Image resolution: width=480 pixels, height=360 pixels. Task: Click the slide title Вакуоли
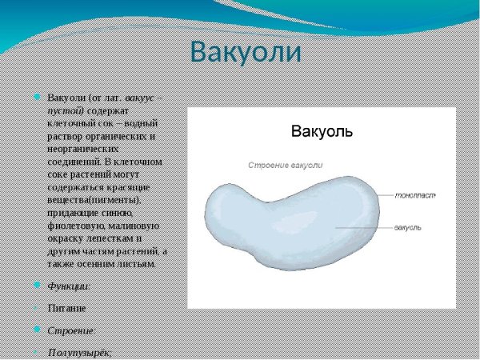point(246,52)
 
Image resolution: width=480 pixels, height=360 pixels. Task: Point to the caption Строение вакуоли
point(285,165)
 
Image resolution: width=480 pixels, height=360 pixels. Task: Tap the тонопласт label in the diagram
point(415,194)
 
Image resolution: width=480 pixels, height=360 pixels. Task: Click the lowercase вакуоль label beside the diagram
point(408,228)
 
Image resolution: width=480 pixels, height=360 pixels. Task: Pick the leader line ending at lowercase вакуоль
point(364,228)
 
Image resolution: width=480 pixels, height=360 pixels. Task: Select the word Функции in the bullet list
point(68,286)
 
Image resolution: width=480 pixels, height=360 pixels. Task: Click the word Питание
point(66,307)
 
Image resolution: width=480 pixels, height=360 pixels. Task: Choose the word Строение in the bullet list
point(71,330)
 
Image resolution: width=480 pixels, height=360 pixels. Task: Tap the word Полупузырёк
point(79,352)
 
